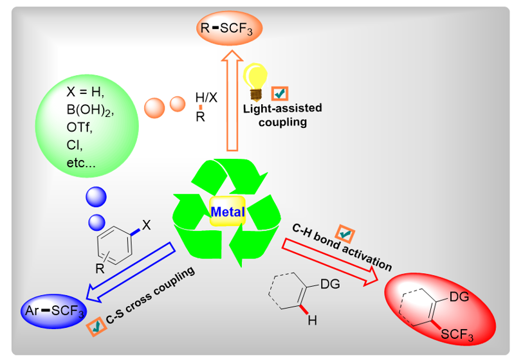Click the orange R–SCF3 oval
click(229, 28)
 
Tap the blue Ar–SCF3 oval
click(54, 311)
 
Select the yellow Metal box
click(228, 212)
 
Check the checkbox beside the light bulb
click(280, 94)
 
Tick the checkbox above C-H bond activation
click(345, 234)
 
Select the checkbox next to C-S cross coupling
click(96, 327)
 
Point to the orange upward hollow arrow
click(232, 100)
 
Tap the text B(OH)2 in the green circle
click(90, 110)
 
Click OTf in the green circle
click(79, 127)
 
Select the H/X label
click(207, 97)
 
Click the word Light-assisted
click(282, 109)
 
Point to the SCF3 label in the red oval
click(457, 334)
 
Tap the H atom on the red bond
click(312, 320)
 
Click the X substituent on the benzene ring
click(146, 225)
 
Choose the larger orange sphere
click(154, 108)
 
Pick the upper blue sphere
click(96, 197)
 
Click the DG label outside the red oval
click(330, 284)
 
